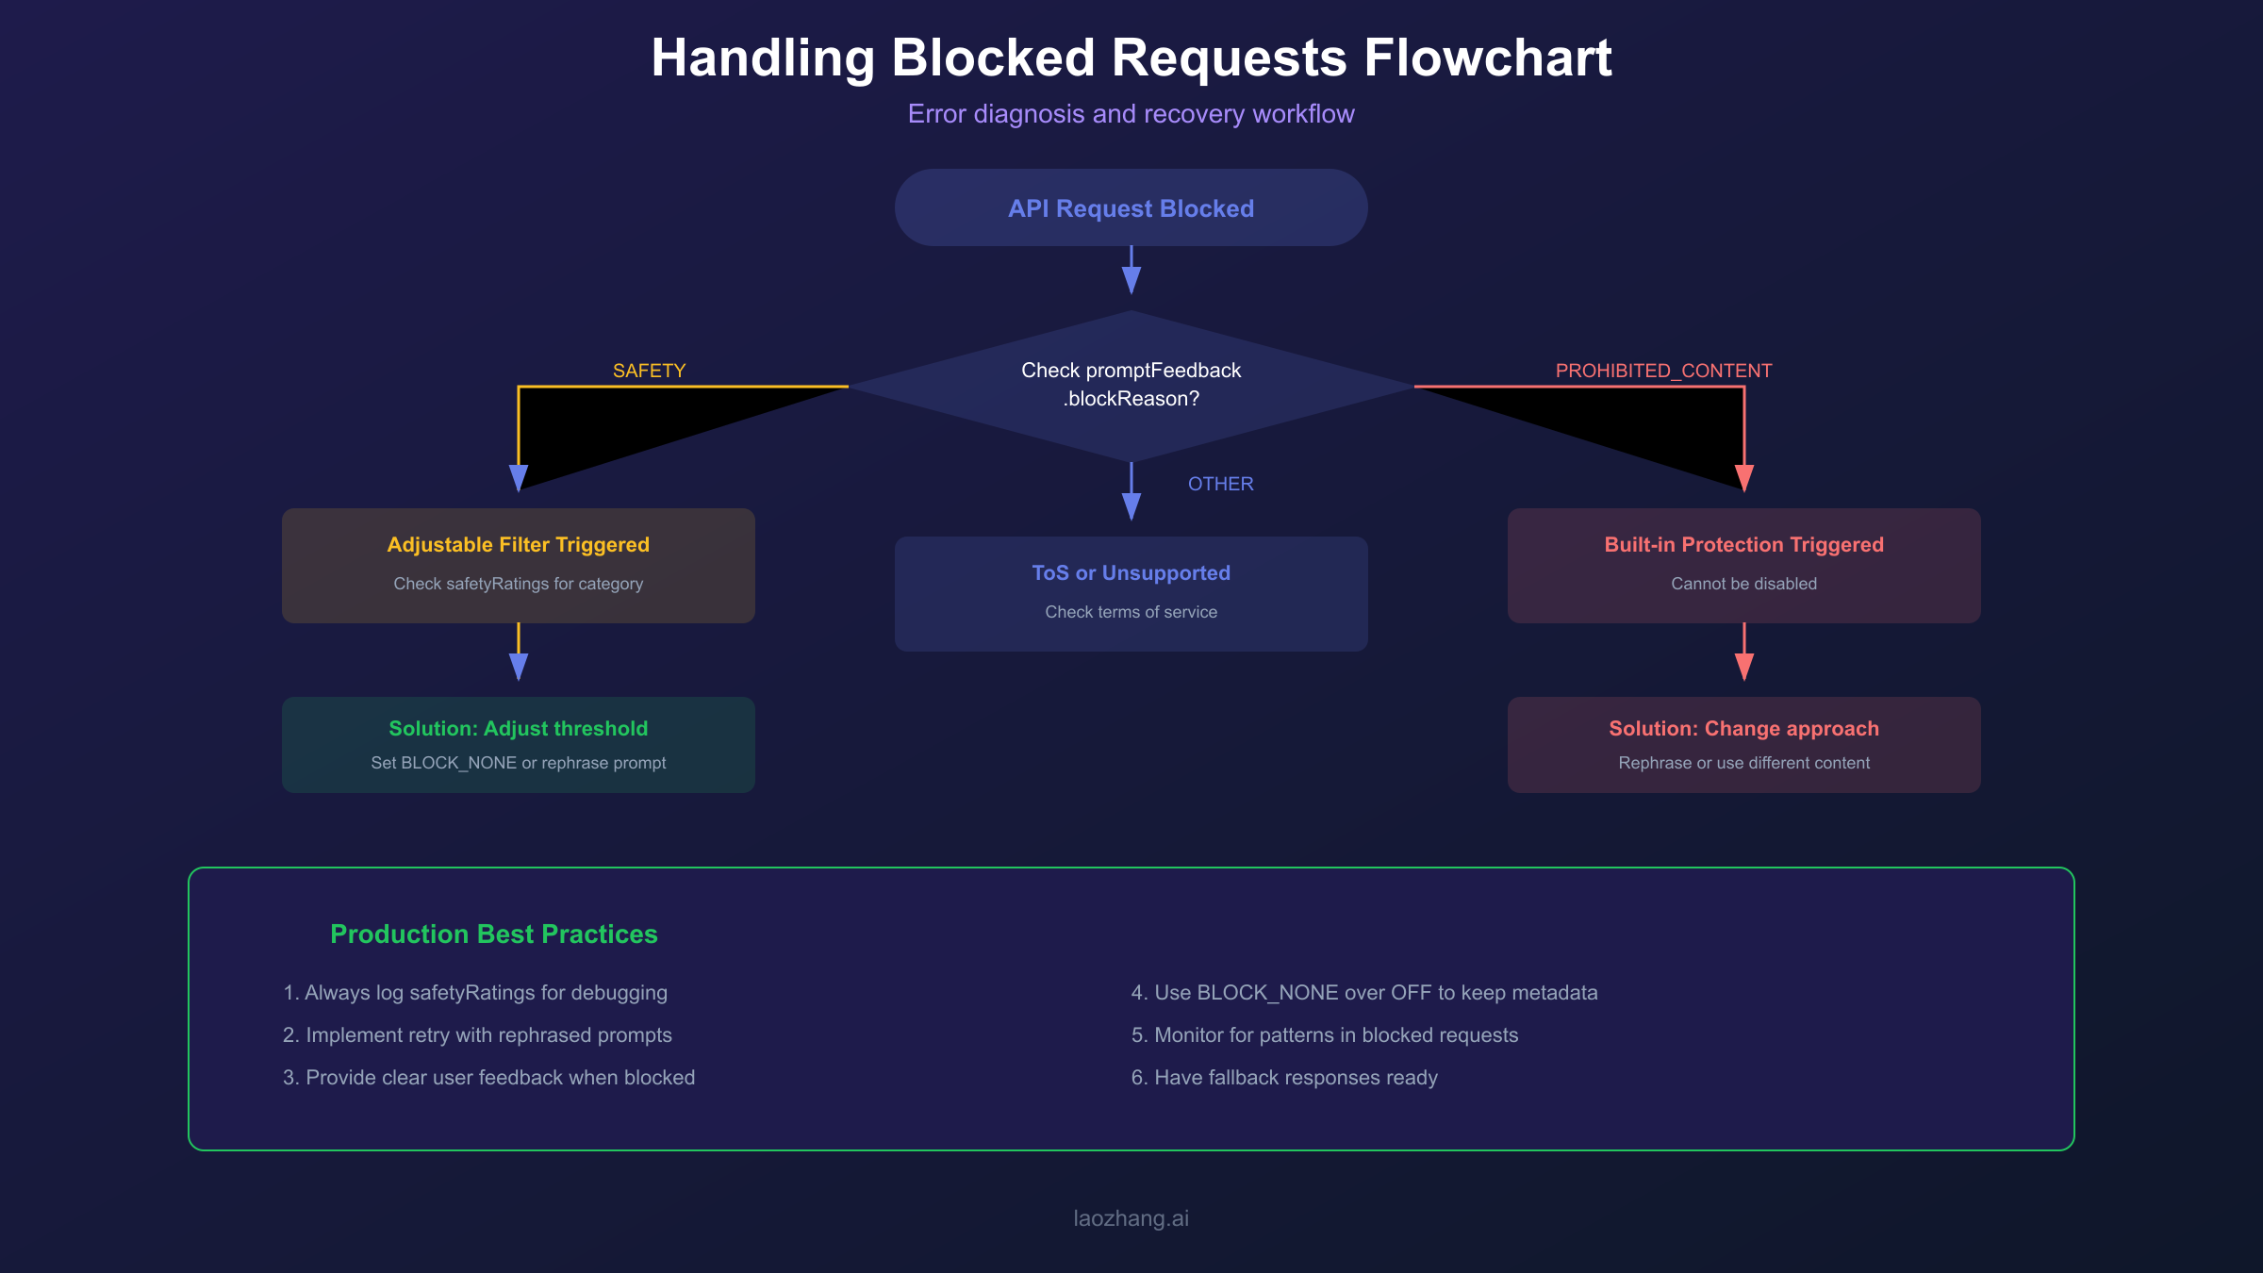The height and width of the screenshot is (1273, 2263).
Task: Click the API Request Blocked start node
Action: (1131, 208)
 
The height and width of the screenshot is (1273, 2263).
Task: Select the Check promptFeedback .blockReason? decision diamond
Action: (1131, 385)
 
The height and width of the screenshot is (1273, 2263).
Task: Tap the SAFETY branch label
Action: (649, 371)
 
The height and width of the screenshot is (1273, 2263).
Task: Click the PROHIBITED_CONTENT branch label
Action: (1663, 371)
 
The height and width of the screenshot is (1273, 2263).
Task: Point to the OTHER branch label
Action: (1220, 484)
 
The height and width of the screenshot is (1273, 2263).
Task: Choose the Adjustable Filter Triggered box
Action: (518, 565)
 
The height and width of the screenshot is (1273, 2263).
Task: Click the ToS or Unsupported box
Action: (1131, 593)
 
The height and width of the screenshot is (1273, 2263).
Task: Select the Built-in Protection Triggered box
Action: (1743, 565)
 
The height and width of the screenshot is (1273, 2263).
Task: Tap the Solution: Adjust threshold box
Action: (518, 744)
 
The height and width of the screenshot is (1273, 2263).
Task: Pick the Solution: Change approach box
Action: (1743, 744)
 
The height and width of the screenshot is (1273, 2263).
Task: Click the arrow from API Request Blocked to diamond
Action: (1131, 272)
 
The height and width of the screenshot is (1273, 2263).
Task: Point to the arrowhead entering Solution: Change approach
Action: (1743, 668)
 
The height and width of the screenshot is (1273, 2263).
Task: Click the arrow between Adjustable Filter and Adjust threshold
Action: (518, 653)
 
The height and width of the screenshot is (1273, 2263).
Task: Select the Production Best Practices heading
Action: (493, 934)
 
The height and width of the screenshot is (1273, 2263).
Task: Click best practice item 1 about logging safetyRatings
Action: (475, 992)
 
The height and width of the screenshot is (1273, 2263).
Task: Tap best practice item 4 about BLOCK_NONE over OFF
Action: (1363, 992)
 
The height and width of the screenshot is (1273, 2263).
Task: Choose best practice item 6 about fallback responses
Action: (1284, 1077)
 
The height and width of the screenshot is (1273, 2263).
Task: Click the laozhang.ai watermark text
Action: (1131, 1218)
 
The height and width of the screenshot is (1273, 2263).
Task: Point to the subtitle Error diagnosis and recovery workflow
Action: (1131, 114)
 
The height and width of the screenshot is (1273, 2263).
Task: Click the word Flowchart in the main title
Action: (1488, 58)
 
